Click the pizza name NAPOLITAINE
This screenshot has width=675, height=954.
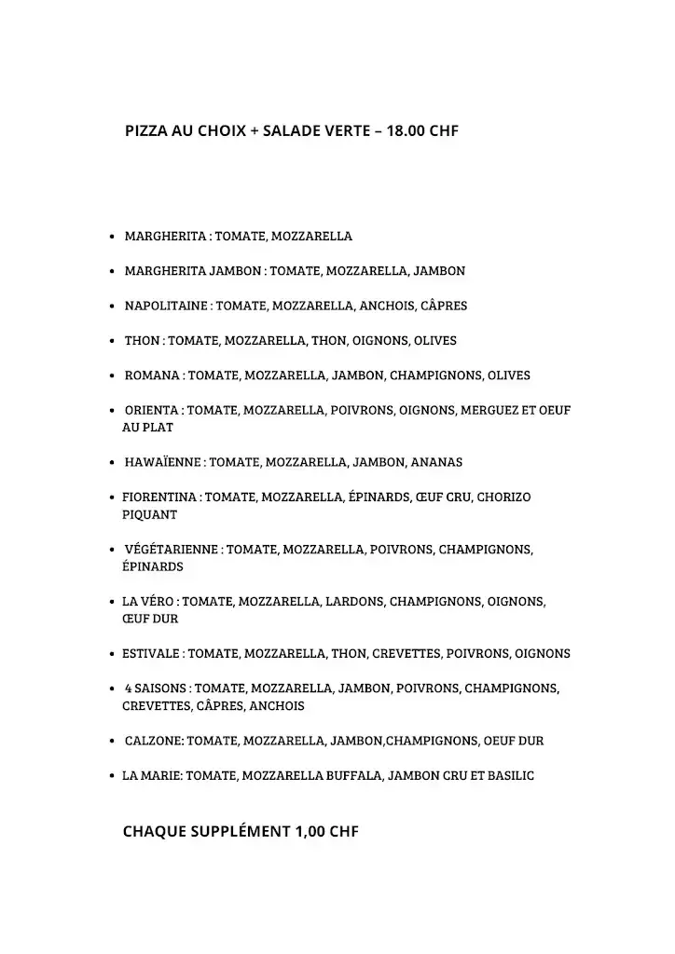pos(167,306)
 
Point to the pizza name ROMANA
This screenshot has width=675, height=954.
pos(153,375)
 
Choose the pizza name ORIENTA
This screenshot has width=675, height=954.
pos(153,410)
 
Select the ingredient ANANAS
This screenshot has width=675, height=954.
pos(436,462)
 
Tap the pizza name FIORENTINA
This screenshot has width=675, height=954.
pos(159,497)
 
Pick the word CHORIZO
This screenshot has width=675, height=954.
pos(503,497)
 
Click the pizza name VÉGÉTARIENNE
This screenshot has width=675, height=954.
pos(172,550)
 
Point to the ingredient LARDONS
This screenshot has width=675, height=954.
pos(354,602)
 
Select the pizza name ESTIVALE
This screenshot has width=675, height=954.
pos(153,654)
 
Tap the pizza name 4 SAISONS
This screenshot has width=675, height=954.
pos(157,688)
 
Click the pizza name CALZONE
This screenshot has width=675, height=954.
pos(154,741)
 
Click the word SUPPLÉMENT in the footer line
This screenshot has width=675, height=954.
pos(240,831)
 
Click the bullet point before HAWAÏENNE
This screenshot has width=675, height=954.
pos(113,463)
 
